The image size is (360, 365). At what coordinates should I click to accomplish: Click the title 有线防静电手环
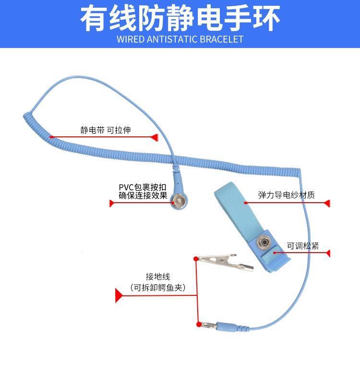coord(180,18)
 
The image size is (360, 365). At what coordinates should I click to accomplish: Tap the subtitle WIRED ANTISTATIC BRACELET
coord(180,39)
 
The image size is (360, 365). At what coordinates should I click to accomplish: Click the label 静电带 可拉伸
coord(106,130)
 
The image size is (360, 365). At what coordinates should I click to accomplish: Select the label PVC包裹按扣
coord(143,187)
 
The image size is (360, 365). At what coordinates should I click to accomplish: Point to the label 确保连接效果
coord(143,195)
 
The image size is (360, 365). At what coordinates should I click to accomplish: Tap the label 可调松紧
coord(303,246)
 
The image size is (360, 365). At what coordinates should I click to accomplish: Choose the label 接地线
coord(158,277)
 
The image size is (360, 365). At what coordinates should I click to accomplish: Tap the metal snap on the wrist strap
coord(263,243)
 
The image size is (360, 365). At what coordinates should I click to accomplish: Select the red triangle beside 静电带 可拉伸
coord(154,137)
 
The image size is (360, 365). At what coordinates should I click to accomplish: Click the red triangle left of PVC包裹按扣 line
coord(112,204)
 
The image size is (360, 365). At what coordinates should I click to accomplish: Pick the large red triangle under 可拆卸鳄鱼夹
coord(119,295)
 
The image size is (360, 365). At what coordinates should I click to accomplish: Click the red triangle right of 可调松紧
coord(328,253)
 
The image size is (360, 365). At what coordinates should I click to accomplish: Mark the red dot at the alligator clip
coord(195,259)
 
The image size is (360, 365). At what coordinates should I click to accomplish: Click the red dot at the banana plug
coord(199,325)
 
